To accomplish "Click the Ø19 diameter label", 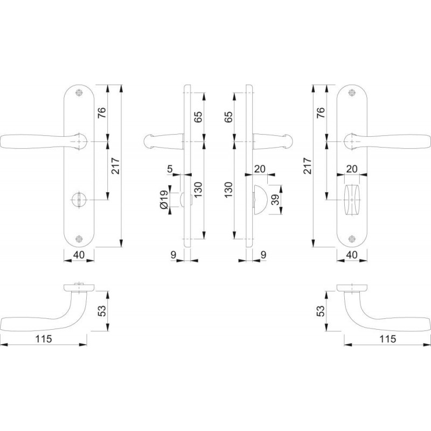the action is [x=164, y=199].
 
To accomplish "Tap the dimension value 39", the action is [x=275, y=199].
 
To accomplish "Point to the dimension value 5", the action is [x=170, y=169].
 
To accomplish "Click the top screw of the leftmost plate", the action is [x=79, y=93].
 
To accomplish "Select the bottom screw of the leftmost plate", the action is [x=79, y=239].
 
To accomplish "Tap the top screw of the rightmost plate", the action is [x=352, y=93].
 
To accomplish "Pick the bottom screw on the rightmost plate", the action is [x=352, y=239].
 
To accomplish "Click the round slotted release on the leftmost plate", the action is [x=79, y=199].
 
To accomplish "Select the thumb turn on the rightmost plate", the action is [x=352, y=199].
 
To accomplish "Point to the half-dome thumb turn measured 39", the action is [x=260, y=199].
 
